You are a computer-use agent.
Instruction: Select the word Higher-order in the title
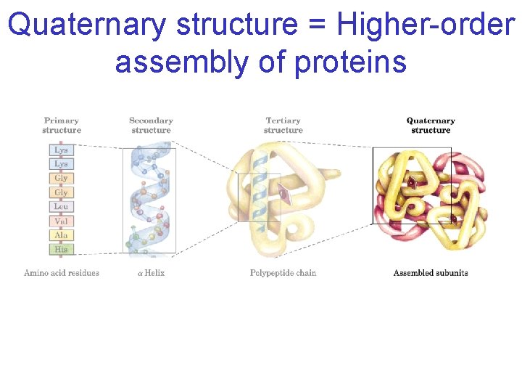[x=425, y=25]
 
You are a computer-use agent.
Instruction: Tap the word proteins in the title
[x=350, y=62]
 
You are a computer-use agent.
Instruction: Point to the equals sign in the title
[x=316, y=26]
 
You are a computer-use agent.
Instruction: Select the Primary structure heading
[x=62, y=126]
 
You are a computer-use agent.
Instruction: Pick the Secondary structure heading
[x=151, y=126]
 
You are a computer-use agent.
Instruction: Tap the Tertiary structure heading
[x=283, y=126]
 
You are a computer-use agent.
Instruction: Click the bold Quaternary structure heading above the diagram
[x=431, y=126]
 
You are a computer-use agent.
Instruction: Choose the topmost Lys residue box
[x=62, y=150]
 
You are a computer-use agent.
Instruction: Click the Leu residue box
[x=62, y=207]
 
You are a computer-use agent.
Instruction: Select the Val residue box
[x=62, y=221]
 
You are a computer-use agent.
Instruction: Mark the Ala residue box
[x=62, y=235]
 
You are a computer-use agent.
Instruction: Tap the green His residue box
[x=62, y=249]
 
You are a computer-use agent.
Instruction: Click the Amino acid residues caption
[x=62, y=273]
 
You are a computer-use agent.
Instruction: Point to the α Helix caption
[x=151, y=273]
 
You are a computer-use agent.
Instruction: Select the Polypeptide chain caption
[x=283, y=273]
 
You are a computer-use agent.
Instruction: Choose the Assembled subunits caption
[x=431, y=273]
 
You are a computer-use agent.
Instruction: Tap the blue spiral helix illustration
[x=151, y=200]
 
